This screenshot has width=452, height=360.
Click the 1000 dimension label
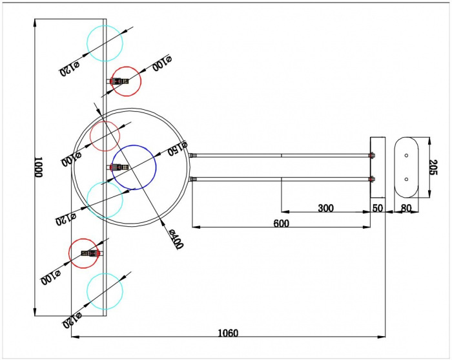38,167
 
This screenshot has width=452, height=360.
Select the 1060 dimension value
228,333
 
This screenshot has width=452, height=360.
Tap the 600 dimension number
281,224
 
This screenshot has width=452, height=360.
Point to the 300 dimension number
325,208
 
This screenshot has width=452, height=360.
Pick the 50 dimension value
378,208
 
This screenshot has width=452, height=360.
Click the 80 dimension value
406,208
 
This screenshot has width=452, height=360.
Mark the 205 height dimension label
433,167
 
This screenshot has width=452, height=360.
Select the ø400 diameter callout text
176,239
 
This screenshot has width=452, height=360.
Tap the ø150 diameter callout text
178,148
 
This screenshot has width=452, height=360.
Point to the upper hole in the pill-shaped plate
406,156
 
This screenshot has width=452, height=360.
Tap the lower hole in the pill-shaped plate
406,180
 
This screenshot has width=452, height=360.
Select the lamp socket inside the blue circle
118,167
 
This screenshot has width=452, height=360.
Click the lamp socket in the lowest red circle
92,253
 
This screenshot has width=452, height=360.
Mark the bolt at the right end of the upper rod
372,156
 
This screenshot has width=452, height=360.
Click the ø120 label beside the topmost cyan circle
70,69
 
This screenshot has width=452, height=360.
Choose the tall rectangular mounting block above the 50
378,167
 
